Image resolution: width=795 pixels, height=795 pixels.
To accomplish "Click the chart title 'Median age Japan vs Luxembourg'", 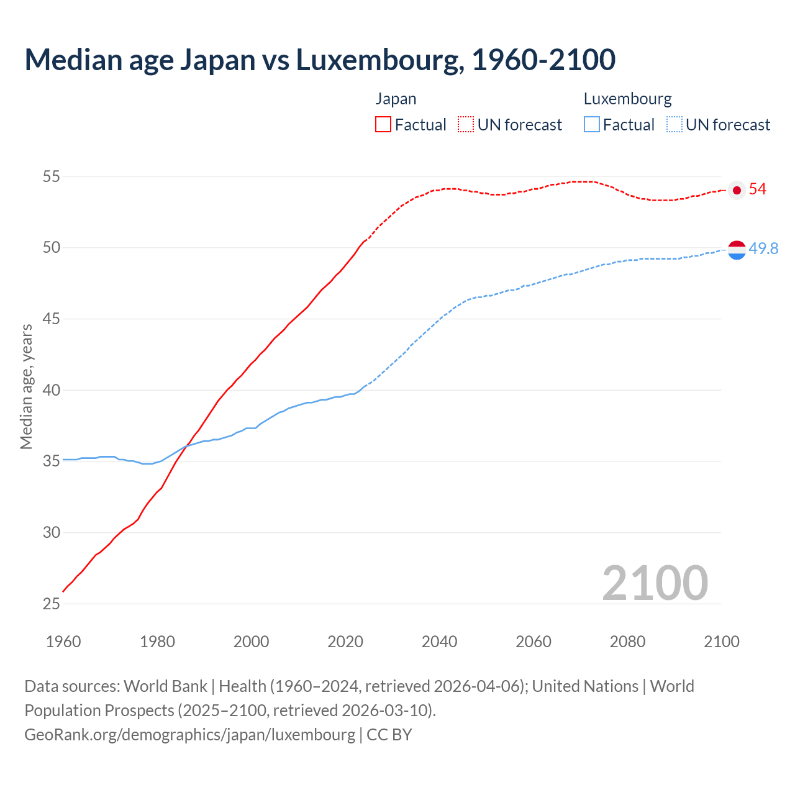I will click(x=320, y=60).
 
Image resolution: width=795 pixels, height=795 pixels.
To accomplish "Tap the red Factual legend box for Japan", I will click(x=383, y=124).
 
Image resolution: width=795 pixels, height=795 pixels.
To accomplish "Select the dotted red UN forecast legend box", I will click(x=466, y=124).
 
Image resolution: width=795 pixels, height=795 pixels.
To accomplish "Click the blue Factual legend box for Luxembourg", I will click(x=592, y=124).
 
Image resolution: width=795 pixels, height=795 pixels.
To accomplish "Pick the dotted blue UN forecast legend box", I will click(x=675, y=124).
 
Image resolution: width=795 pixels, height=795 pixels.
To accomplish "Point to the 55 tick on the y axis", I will click(x=51, y=176).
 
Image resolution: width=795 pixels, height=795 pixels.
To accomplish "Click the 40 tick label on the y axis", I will click(x=51, y=390).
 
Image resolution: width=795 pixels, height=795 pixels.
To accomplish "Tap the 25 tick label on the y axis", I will click(x=51, y=604).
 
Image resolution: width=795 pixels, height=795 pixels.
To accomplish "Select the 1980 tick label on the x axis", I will click(x=157, y=642).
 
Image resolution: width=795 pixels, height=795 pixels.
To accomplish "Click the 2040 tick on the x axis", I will click(x=439, y=642).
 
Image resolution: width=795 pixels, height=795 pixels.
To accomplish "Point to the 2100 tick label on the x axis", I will click(x=721, y=642).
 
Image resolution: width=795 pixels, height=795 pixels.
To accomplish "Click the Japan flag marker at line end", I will click(x=737, y=190).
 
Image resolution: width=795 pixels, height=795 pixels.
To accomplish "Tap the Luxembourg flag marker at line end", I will click(x=737, y=250).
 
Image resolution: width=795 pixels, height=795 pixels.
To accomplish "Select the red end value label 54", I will click(x=758, y=189).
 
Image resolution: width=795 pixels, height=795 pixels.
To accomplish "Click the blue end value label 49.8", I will click(x=763, y=248).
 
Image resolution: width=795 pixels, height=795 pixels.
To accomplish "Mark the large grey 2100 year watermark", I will click(x=655, y=583).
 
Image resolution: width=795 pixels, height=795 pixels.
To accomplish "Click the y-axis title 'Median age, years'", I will click(x=26, y=386).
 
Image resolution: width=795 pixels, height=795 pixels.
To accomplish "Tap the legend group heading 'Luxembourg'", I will click(x=627, y=99).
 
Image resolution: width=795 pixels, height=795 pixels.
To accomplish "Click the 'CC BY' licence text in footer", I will click(x=389, y=734).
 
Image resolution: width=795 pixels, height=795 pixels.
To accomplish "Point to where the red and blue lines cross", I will click(x=185, y=446).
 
